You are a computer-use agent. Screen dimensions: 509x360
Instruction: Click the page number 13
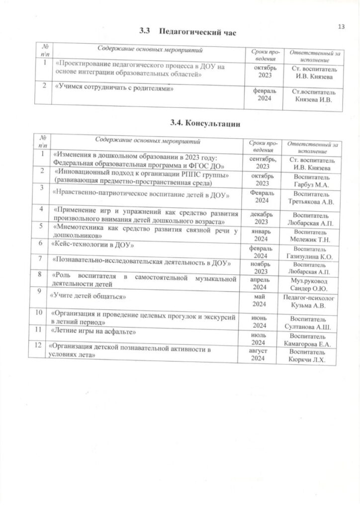341,26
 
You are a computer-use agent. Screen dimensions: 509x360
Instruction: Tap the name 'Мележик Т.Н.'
309,239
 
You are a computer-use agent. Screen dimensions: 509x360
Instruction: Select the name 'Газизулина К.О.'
309,256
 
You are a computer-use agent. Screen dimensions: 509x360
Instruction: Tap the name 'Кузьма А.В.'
310,305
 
